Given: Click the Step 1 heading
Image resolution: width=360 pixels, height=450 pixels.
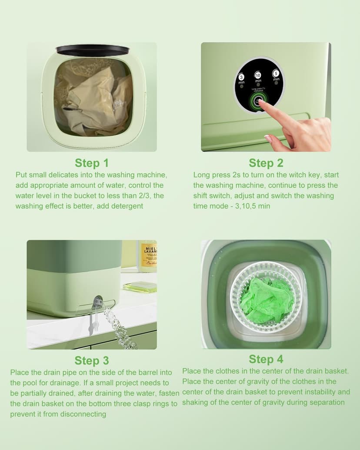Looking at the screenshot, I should click(x=92, y=163).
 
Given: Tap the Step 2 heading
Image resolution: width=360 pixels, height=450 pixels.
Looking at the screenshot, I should click(x=266, y=163).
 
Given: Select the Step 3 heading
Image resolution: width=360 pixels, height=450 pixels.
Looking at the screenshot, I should click(x=92, y=360).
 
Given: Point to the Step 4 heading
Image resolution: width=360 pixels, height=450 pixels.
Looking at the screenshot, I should click(x=266, y=359).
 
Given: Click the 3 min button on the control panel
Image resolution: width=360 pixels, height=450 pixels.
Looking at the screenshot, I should click(x=242, y=77).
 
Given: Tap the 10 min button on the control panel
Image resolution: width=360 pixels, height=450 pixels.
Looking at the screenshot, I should click(x=258, y=75).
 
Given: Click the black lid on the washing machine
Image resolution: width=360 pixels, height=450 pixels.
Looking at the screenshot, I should click(x=93, y=50).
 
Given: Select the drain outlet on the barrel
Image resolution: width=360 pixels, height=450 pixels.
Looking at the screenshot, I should click(x=98, y=301).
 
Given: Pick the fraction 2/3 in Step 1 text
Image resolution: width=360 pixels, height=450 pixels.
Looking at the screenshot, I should click(x=147, y=196).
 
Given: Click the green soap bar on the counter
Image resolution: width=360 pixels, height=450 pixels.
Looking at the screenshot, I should click(x=139, y=287).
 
